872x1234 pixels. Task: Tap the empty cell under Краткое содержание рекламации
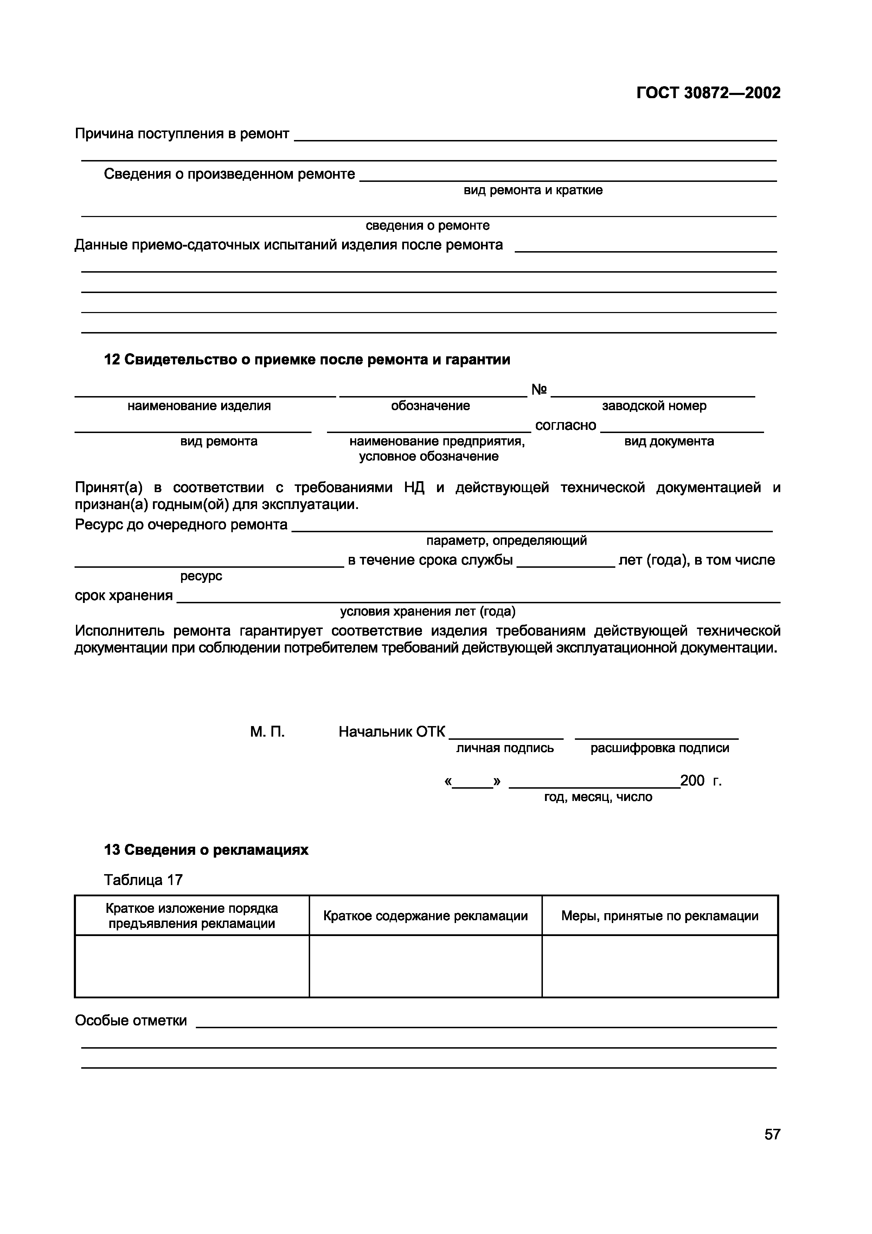(425, 966)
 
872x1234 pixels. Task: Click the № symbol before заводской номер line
(539, 390)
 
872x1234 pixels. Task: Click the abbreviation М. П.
(267, 731)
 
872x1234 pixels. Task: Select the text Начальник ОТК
(392, 731)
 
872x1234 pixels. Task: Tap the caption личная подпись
(505, 748)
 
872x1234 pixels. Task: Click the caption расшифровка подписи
(659, 748)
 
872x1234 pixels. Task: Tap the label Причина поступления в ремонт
(181, 133)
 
